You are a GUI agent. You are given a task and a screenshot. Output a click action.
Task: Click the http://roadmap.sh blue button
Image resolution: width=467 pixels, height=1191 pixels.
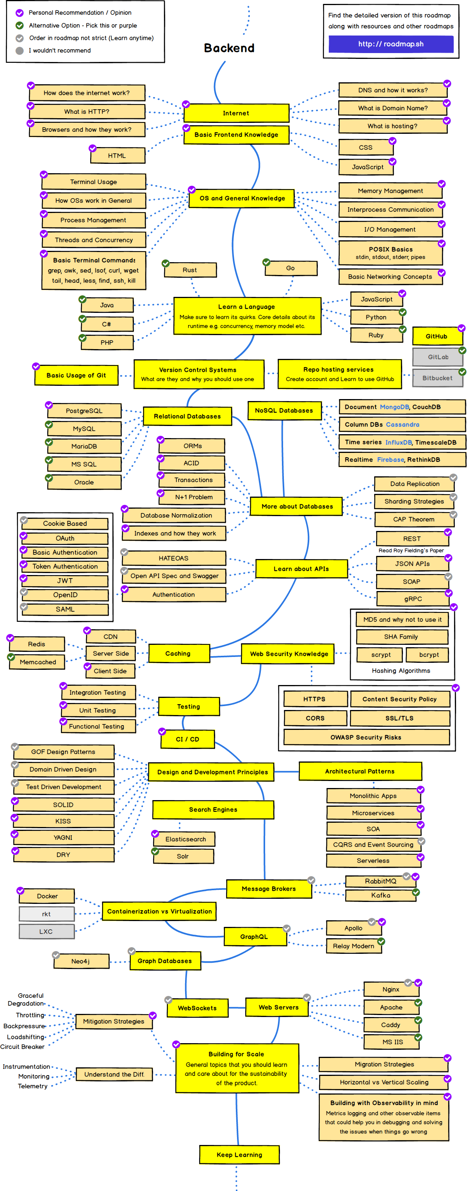pos(390,44)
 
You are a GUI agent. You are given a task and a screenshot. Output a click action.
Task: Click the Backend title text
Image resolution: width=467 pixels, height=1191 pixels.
pos(229,48)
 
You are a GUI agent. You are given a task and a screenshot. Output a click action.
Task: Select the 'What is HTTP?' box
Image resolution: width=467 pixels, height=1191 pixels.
pos(87,112)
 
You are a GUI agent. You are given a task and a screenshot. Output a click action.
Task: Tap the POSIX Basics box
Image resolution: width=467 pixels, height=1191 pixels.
pos(390,252)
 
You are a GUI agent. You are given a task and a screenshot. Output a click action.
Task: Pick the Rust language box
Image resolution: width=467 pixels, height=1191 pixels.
pos(190,270)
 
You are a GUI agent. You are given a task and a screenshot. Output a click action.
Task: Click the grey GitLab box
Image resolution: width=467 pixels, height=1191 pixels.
pos(437,357)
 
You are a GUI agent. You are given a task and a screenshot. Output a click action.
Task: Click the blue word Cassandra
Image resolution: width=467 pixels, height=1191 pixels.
pos(402,424)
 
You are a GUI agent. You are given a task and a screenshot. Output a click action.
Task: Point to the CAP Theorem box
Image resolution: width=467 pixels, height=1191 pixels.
pos(414,519)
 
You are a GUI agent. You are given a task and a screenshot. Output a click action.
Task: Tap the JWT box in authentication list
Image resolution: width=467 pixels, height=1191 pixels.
pos(65,581)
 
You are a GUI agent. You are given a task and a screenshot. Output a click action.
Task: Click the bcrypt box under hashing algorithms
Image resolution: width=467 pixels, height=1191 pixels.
pos(429,655)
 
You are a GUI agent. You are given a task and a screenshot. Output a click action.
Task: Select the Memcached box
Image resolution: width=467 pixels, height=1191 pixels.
pos(38,662)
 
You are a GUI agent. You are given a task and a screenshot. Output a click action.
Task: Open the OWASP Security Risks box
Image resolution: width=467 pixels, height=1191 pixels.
pos(365,737)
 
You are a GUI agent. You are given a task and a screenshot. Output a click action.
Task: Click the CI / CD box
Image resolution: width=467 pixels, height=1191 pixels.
pos(187,739)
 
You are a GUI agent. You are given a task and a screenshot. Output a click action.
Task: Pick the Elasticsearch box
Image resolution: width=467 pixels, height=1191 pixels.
pos(185,839)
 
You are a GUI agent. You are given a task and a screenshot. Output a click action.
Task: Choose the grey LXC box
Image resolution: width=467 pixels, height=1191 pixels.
pos(46,932)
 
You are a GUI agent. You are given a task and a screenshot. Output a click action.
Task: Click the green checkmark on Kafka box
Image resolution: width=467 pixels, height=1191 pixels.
pos(415,892)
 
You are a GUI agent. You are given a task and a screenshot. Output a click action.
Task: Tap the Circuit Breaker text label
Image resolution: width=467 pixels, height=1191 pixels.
pos(22,1047)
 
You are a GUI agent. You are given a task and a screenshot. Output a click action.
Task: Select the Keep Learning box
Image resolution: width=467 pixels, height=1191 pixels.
pos(239,1155)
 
